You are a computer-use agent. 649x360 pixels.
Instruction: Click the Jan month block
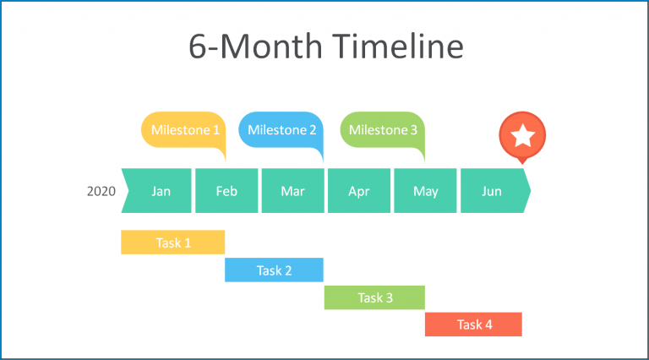coord(159,191)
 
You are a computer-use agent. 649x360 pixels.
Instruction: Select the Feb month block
coord(226,191)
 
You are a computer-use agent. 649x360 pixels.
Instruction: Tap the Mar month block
coord(292,191)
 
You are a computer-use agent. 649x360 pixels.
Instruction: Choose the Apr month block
coord(359,191)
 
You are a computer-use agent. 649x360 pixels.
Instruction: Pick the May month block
coord(425,191)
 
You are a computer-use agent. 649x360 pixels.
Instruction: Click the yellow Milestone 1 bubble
coord(184,130)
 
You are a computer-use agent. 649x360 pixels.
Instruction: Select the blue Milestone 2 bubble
coord(282,130)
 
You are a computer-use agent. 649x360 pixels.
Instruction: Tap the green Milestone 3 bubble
coord(382,130)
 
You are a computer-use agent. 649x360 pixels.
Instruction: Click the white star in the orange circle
coord(523,134)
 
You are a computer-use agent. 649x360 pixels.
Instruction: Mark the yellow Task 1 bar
coord(173,243)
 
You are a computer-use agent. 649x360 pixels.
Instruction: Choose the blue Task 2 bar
coord(274,270)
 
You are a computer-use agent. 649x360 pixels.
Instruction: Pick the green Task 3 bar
coord(374,297)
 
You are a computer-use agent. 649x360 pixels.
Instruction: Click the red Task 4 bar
coord(473,325)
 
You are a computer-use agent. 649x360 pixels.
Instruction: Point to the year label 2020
coord(101,191)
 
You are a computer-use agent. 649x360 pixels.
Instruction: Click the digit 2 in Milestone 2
coord(313,130)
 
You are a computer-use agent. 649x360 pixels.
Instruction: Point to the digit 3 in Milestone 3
coord(413,130)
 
